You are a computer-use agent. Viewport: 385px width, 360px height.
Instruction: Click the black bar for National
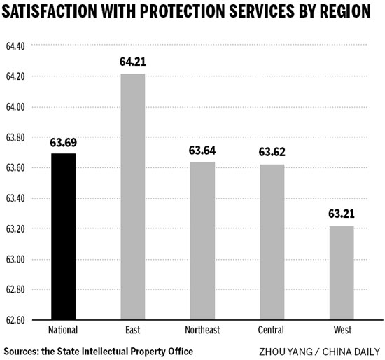tap(64, 237)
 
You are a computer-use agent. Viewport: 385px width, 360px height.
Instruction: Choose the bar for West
tap(341, 272)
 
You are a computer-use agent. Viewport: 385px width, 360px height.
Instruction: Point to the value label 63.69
tap(64, 143)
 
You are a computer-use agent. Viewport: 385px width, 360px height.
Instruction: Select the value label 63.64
tap(202, 151)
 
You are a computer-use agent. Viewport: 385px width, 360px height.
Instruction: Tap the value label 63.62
tap(272, 152)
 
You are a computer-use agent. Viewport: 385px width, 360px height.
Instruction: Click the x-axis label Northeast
tap(202, 331)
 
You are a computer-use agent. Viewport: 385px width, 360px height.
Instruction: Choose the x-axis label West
tap(341, 331)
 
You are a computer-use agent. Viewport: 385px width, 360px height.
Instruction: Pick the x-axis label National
tap(64, 331)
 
